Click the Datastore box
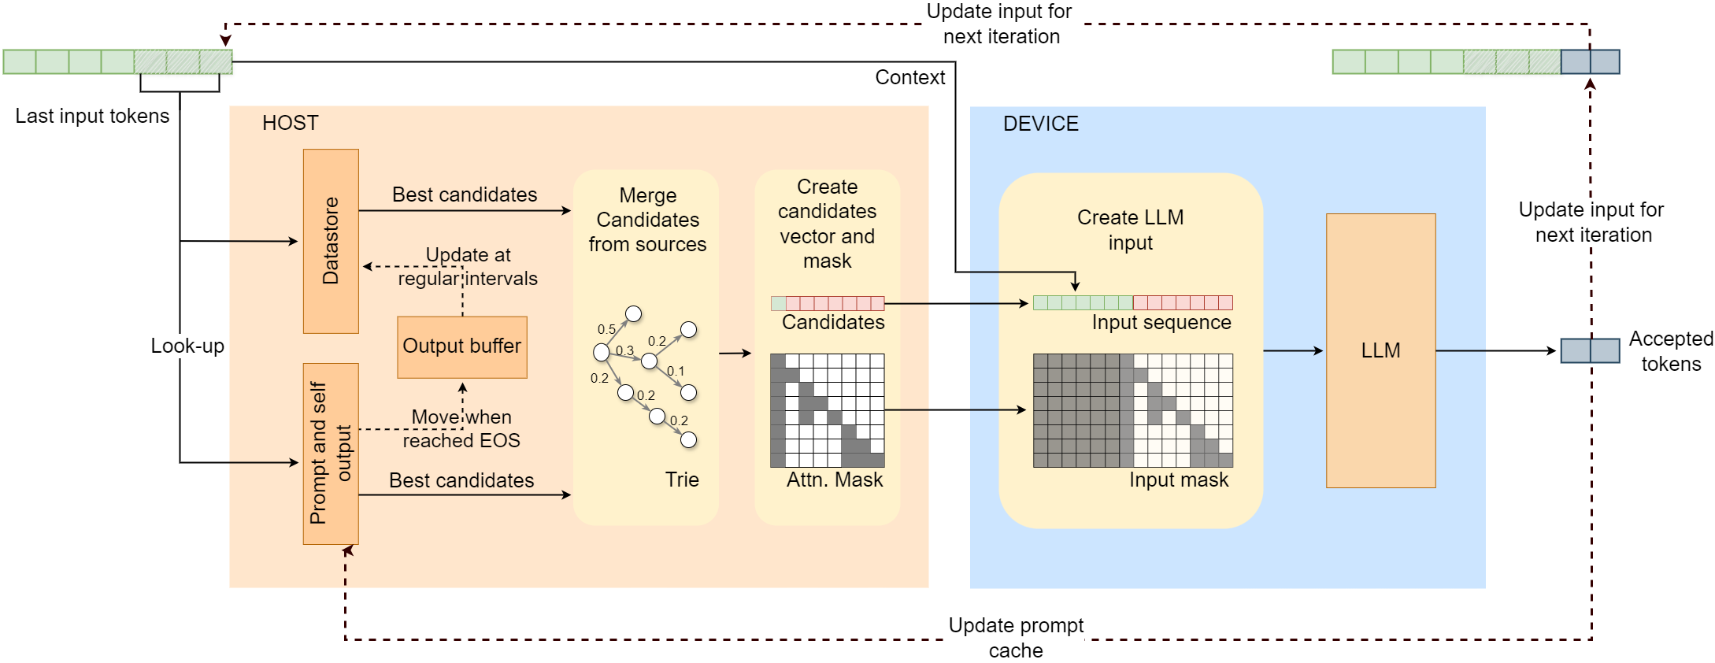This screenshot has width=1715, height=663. click(x=331, y=241)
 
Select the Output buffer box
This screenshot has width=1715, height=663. click(x=462, y=347)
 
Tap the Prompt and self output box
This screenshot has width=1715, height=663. click(x=331, y=454)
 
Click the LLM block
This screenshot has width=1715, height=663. click(x=1380, y=350)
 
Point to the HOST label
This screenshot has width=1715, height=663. click(x=291, y=123)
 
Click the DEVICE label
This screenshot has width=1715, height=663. click(x=1041, y=124)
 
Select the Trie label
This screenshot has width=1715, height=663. click(x=682, y=480)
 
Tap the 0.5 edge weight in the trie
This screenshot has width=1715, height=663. click(x=606, y=329)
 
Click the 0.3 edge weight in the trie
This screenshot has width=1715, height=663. click(x=624, y=350)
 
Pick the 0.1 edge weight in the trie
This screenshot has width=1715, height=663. click(x=676, y=371)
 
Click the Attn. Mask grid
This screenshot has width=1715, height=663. click(x=827, y=410)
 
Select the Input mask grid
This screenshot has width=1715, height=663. click(x=1133, y=410)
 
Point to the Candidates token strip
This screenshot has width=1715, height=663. click(x=828, y=303)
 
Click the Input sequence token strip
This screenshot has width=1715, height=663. click(x=1133, y=302)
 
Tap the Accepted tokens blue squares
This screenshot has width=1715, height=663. click(x=1590, y=350)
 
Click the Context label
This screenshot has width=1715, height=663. click(x=910, y=77)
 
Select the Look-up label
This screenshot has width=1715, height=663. click(x=187, y=346)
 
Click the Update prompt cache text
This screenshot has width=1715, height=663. click(x=1016, y=638)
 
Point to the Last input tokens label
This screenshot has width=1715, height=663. click(x=92, y=116)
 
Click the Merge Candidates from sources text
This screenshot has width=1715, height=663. click(x=647, y=220)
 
